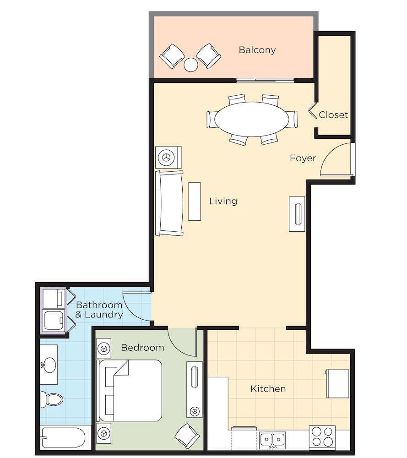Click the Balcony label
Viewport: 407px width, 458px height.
tap(257, 50)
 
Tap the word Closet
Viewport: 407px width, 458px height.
tap(333, 115)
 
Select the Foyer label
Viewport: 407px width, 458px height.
tap(303, 158)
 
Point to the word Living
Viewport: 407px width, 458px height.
tap(223, 201)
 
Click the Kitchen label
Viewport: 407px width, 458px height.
tap(268, 389)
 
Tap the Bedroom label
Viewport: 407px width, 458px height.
tap(142, 348)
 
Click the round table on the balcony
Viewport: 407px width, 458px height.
tap(190, 65)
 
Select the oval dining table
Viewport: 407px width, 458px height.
tap(252, 119)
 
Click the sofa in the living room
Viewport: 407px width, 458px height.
tap(169, 203)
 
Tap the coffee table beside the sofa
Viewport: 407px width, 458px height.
tap(195, 202)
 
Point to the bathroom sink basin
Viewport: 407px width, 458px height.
tap(49, 365)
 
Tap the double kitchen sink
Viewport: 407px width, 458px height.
tap(272, 440)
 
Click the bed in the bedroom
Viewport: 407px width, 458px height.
tap(130, 390)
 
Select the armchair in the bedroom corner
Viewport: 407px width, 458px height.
tap(187, 436)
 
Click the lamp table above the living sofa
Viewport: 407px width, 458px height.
tap(168, 157)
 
